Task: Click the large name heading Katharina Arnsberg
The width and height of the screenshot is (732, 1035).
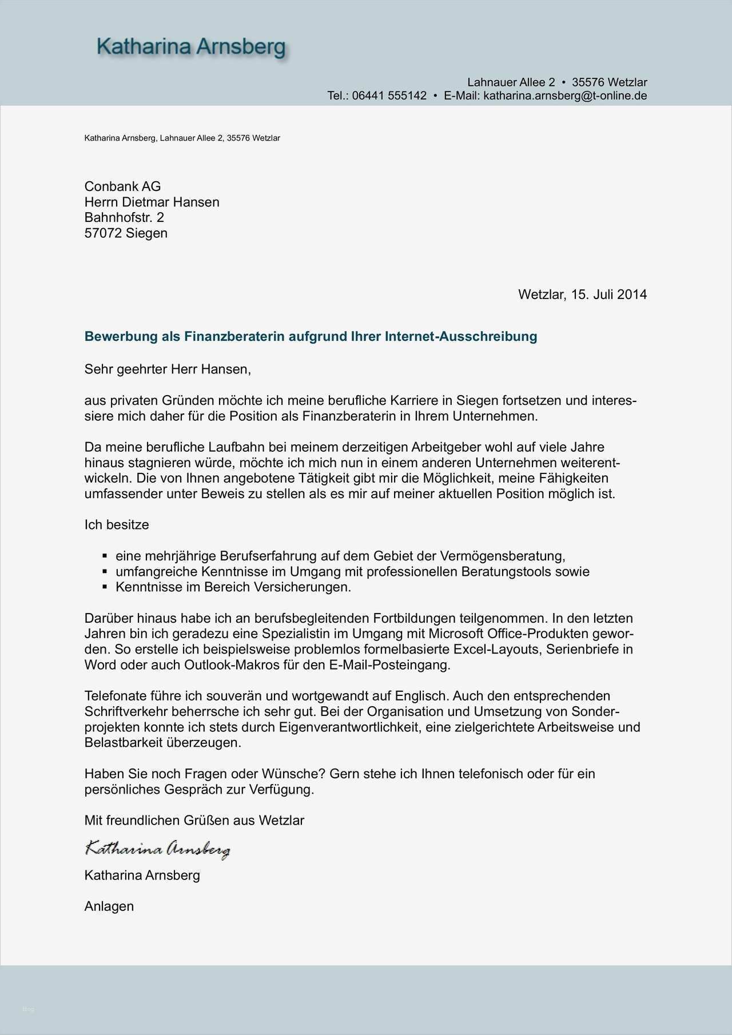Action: (x=191, y=46)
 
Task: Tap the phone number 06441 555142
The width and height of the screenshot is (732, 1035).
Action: (x=389, y=95)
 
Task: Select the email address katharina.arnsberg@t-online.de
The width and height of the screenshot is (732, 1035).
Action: (x=565, y=95)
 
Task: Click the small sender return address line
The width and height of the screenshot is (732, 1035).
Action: (x=182, y=138)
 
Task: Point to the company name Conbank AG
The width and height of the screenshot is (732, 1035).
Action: (x=122, y=186)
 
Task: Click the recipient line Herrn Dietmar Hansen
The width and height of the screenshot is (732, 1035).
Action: (x=152, y=202)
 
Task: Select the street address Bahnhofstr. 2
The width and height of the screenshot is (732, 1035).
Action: (x=124, y=217)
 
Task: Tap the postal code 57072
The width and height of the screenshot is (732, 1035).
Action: (x=103, y=233)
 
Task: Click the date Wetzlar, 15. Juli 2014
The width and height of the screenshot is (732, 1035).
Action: (x=582, y=294)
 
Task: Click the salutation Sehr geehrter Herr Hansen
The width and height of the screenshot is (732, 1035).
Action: (x=168, y=369)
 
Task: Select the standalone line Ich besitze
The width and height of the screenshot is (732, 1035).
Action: (x=117, y=524)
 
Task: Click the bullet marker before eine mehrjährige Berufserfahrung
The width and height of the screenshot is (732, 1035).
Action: (x=105, y=555)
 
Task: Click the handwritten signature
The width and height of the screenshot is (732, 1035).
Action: (x=157, y=849)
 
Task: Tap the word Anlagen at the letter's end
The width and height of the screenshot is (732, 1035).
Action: (x=109, y=906)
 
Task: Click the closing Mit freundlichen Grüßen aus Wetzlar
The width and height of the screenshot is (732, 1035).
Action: (x=194, y=820)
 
